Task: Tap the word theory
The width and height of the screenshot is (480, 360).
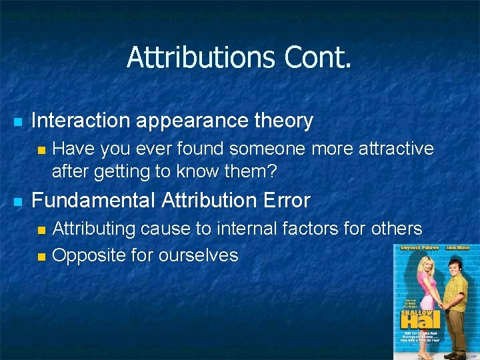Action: pyautogui.click(x=283, y=121)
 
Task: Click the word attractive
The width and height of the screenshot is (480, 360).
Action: pyautogui.click(x=396, y=149)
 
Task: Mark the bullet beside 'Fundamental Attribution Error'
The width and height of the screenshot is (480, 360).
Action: pyautogui.click(x=18, y=201)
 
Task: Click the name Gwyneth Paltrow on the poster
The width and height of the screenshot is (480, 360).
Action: pyautogui.click(x=413, y=248)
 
